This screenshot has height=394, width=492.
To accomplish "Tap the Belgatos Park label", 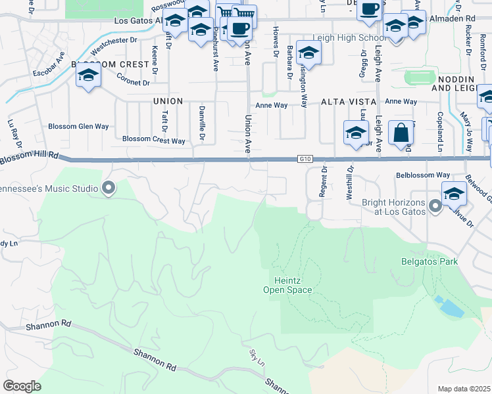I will point(430,261).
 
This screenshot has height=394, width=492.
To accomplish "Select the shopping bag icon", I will point(401,133).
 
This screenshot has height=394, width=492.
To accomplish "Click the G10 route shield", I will point(304,159).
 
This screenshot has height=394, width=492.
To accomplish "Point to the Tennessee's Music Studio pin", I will point(109,189).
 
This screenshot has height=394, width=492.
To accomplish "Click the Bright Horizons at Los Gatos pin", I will point(435,207).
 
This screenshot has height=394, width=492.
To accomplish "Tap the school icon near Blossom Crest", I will point(87,76).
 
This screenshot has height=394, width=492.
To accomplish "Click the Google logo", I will point(22,386).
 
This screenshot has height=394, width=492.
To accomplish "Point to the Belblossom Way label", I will point(422,175).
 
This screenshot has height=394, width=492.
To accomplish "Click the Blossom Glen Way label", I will point(78,126).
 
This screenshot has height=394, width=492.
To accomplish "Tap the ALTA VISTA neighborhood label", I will point(349,102).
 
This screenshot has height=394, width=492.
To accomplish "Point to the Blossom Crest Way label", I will point(153,139).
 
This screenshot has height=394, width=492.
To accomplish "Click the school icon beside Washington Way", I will point(308,53).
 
